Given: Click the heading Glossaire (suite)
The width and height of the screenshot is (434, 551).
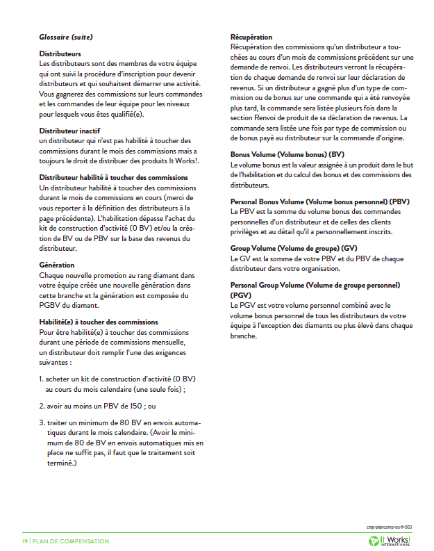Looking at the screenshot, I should pos(66,37).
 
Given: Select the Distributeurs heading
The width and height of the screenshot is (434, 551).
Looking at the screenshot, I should pos(60,54).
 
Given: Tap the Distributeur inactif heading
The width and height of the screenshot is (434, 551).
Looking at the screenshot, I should pos(72,131).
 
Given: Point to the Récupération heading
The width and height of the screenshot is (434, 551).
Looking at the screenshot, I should pos(251,37).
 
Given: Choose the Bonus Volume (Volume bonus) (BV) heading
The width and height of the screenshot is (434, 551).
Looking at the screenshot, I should pos(287,154).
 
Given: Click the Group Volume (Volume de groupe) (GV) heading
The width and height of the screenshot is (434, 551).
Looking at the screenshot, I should pos(294,247).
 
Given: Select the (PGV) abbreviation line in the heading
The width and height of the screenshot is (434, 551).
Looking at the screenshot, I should pos(240,295).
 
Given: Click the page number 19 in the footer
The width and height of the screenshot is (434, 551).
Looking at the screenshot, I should pos(24,541).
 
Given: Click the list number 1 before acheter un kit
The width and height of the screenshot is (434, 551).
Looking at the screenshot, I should pos(41,379).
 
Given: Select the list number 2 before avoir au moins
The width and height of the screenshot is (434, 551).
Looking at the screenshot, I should pos(41,406).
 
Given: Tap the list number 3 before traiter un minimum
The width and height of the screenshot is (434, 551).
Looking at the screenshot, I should pos(41,422).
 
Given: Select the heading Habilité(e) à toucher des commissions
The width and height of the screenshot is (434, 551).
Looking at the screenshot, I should pos(99,322).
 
